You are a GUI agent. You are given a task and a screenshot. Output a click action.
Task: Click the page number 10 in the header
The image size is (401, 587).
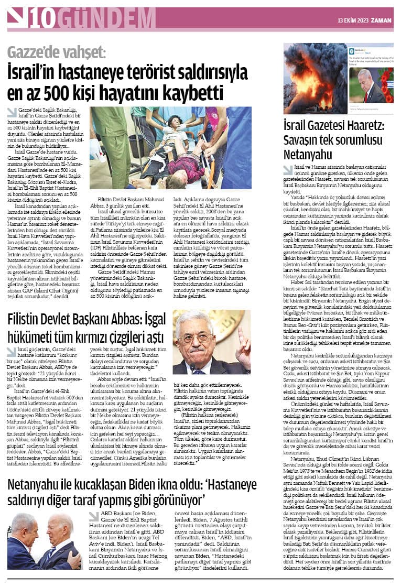(42, 19)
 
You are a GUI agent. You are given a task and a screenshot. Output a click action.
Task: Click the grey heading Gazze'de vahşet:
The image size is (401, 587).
(57, 53)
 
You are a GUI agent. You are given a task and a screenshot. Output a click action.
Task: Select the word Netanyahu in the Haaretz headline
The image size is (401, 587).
(308, 155)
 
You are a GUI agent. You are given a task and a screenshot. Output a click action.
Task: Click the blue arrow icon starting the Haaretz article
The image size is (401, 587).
(288, 170)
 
